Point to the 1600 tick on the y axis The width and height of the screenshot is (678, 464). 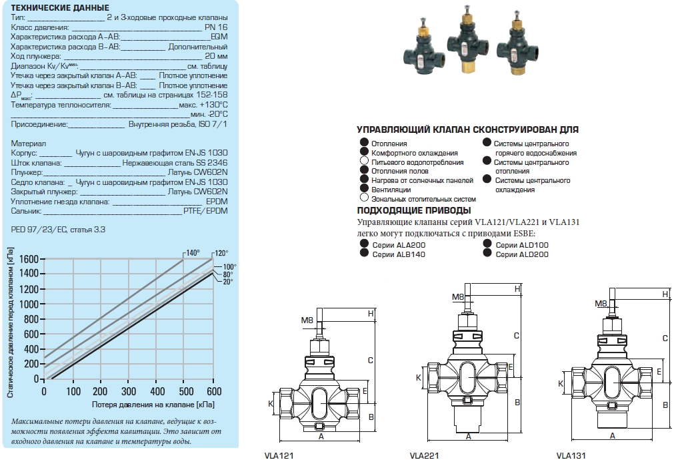[x=29, y=258]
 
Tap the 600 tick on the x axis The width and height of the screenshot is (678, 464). [x=213, y=391]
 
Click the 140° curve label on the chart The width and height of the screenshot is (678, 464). [x=193, y=253]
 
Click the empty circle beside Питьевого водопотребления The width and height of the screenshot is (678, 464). [x=363, y=162]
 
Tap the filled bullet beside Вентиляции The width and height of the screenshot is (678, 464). [x=363, y=189]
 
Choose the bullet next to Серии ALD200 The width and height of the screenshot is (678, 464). [x=487, y=254]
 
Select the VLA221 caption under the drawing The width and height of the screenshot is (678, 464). [x=423, y=457]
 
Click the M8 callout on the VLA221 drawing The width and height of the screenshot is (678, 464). [x=458, y=297]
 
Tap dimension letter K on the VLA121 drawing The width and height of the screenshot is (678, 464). [x=271, y=403]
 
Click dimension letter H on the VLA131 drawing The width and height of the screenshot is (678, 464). [x=665, y=294]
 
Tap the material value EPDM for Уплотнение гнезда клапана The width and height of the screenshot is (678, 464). [x=217, y=200]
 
